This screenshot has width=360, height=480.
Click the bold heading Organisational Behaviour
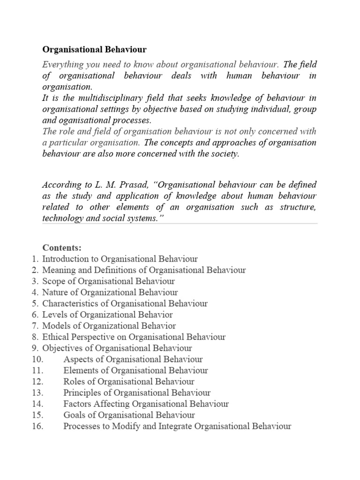[95, 49]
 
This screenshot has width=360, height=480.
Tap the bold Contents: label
[62, 247]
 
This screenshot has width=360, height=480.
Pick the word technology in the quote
[62, 218]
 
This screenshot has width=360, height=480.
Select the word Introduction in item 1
[64, 259]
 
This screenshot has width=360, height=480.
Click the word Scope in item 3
[53, 281]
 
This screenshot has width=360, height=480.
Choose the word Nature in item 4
[55, 292]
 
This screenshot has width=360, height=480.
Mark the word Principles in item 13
[81, 393]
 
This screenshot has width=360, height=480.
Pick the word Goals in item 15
[74, 415]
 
